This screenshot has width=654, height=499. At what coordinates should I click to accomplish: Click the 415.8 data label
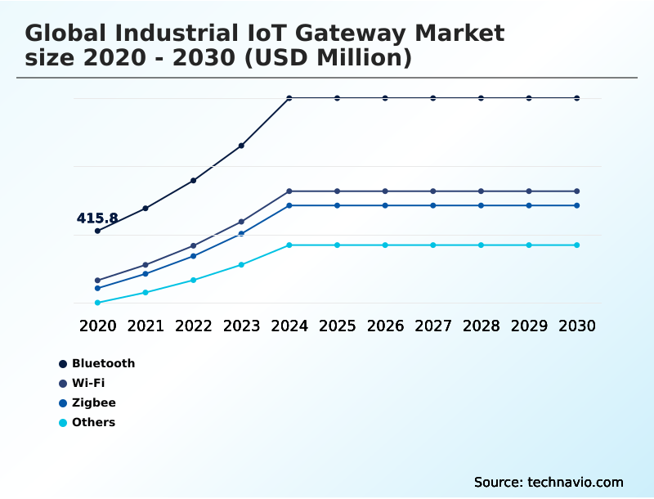pyautogui.click(x=97, y=218)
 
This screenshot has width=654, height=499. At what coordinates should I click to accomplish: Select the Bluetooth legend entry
pyautogui.click(x=103, y=363)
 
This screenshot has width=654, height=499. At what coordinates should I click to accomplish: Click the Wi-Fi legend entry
pyautogui.click(x=88, y=383)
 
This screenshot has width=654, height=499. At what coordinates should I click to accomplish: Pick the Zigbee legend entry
pyautogui.click(x=93, y=402)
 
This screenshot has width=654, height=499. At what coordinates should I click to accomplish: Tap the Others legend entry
pyautogui.click(x=93, y=422)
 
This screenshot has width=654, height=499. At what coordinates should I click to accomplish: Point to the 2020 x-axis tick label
pyautogui.click(x=97, y=326)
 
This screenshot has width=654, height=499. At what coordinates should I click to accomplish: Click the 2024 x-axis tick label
pyautogui.click(x=289, y=326)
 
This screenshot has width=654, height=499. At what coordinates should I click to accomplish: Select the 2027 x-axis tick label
pyautogui.click(x=433, y=326)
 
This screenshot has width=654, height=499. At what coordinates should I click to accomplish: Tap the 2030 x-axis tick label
pyautogui.click(x=577, y=326)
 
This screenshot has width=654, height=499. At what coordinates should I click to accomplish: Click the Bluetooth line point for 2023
pyautogui.click(x=241, y=146)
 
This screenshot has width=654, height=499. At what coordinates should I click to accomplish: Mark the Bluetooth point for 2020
pyautogui.click(x=97, y=231)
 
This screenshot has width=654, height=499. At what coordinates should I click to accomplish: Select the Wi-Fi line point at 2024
pyautogui.click(x=289, y=191)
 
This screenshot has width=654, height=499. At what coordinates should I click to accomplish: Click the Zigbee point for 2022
pyautogui.click(x=194, y=256)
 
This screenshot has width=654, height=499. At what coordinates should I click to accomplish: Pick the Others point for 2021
pyautogui.click(x=146, y=292)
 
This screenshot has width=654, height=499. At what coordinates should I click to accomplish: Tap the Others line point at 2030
pyautogui.click(x=577, y=245)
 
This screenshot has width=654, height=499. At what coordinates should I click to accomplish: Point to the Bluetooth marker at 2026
pyautogui.click(x=385, y=98)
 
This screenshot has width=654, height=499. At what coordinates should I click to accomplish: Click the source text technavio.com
pyautogui.click(x=576, y=482)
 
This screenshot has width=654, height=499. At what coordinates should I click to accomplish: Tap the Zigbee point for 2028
pyautogui.click(x=482, y=205)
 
